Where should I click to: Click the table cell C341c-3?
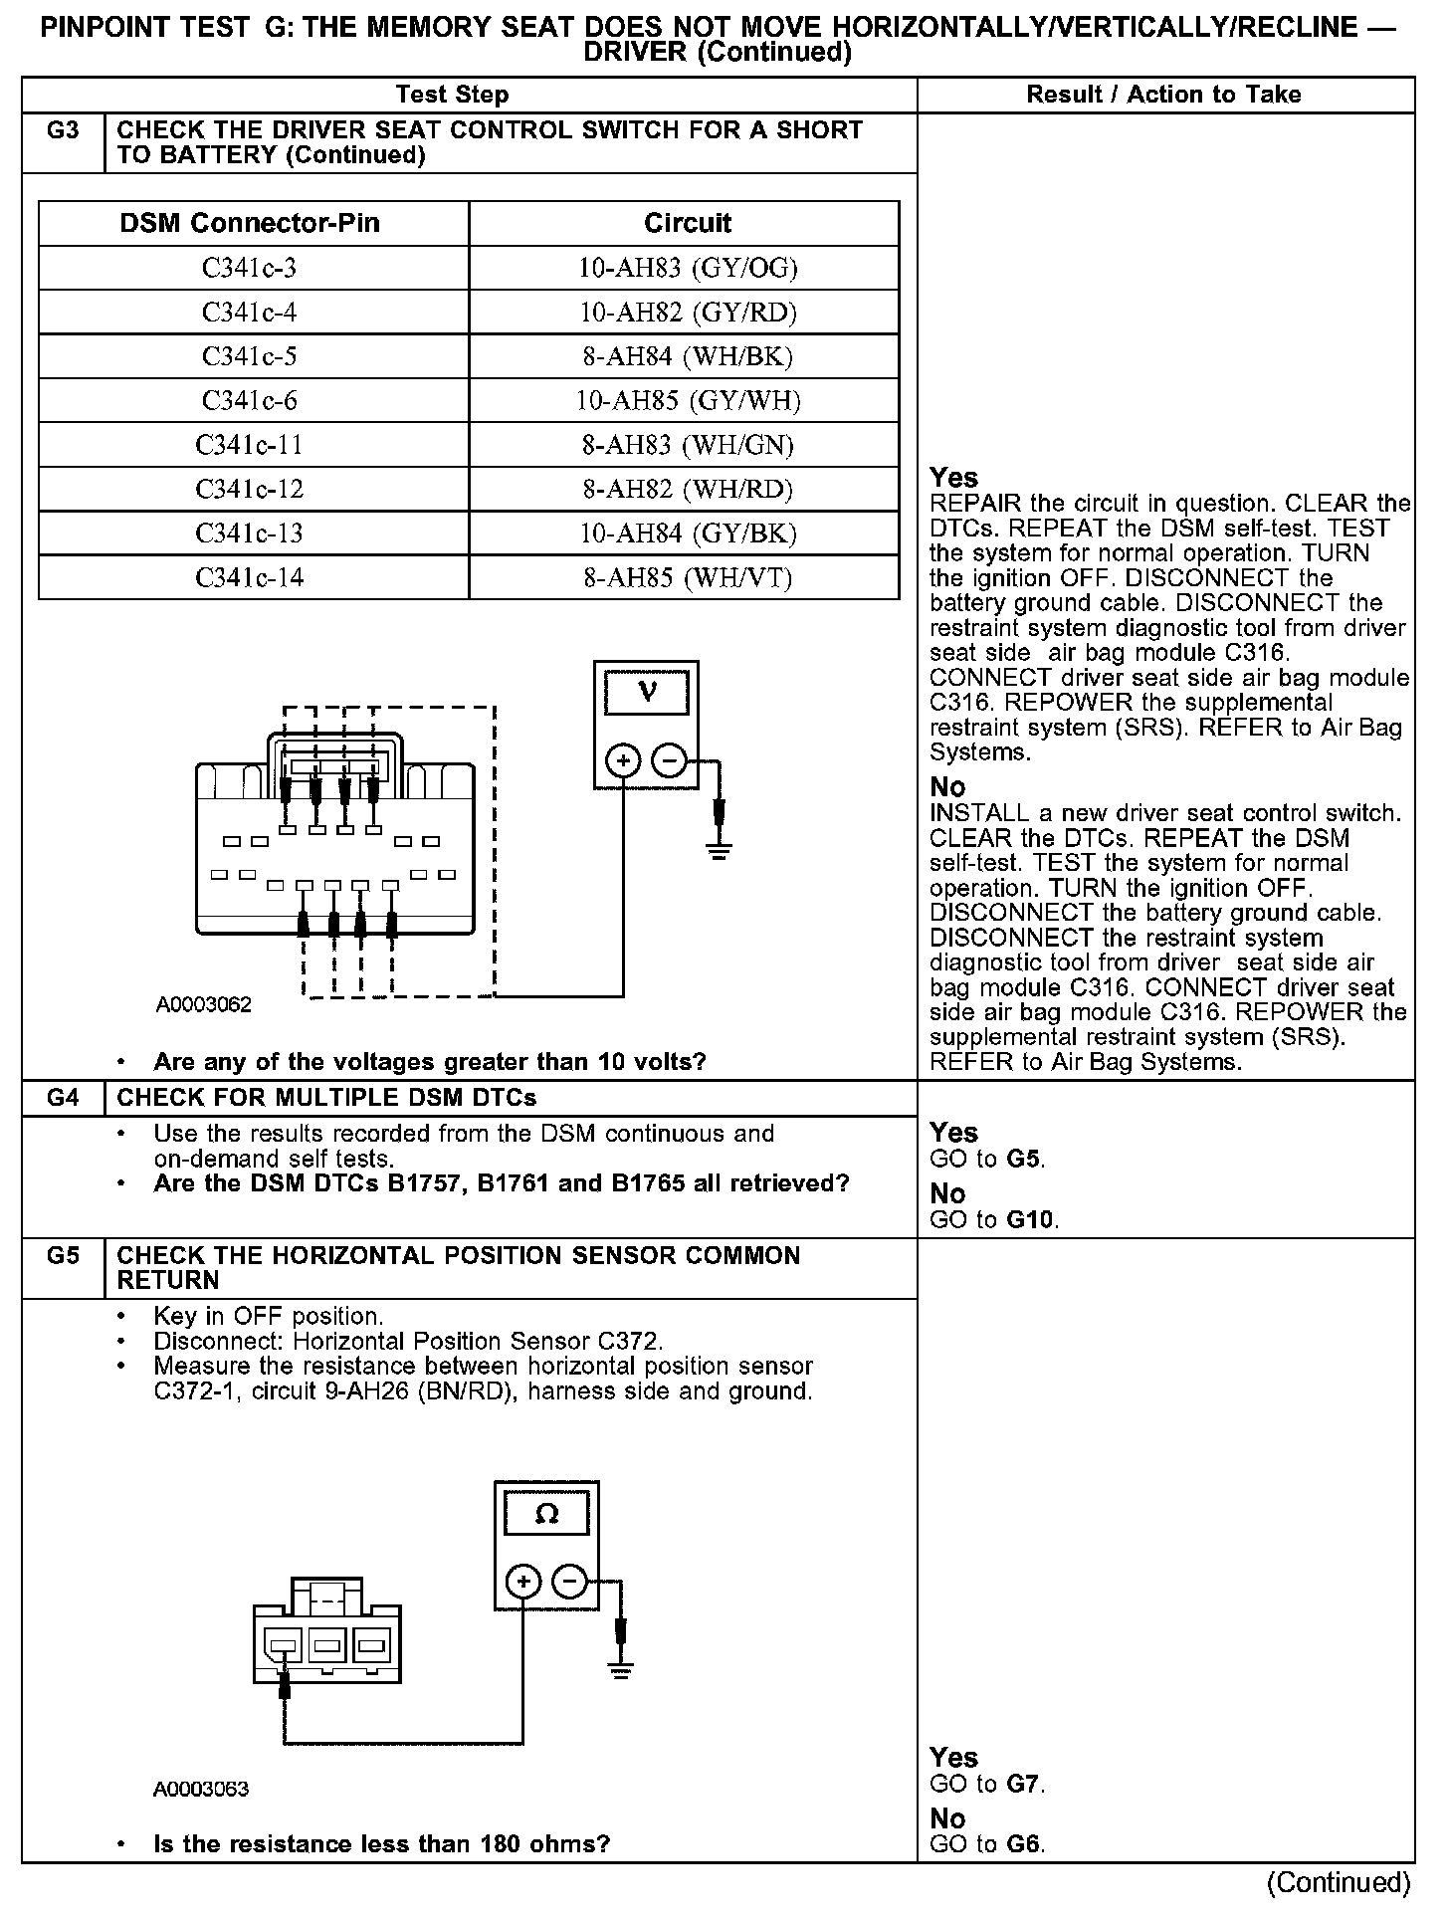(249, 268)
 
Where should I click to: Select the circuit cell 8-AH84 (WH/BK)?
(687, 356)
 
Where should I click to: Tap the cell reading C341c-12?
(249, 489)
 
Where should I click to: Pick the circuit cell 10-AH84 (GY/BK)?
(687, 533)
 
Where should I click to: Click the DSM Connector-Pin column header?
(250, 223)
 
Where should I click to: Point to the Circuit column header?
(687, 223)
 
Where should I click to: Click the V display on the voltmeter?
(647, 692)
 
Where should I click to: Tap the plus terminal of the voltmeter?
(623, 762)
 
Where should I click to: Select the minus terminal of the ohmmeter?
(569, 1581)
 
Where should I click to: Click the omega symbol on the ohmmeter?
(546, 1514)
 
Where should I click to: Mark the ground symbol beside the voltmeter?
(718, 850)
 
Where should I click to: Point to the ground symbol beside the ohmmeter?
(620, 1670)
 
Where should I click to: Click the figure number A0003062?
(204, 1004)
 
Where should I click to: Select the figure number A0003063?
(201, 1789)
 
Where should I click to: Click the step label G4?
(63, 1098)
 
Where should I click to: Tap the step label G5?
(63, 1256)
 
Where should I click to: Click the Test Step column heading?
(452, 95)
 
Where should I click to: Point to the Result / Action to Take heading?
(1163, 95)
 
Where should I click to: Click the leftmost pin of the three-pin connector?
(284, 1646)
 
